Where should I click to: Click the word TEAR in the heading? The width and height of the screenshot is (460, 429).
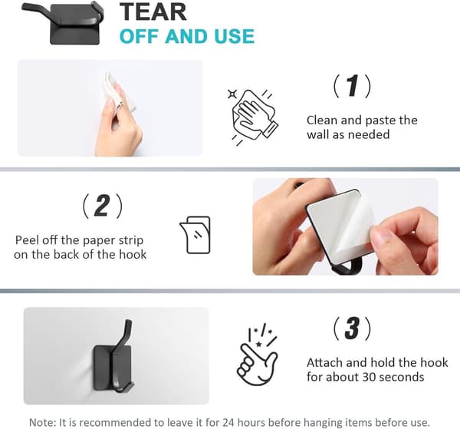tap(153, 12)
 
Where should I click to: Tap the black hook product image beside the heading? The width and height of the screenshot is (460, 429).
tap(63, 23)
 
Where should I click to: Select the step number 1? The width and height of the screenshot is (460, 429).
tap(352, 86)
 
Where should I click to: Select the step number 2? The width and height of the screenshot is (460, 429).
tap(102, 206)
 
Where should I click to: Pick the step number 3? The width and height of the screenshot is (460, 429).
tap(352, 328)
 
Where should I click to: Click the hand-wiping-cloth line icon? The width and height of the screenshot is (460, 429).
tap(252, 117)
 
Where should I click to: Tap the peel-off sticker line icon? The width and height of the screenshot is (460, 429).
tap(195, 235)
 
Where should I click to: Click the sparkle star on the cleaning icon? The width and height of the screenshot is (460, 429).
tap(232, 94)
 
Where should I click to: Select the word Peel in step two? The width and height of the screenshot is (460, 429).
tap(27, 240)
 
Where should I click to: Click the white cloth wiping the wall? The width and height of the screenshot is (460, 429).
tap(115, 91)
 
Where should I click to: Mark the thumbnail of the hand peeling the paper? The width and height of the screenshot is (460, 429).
tap(345, 226)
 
